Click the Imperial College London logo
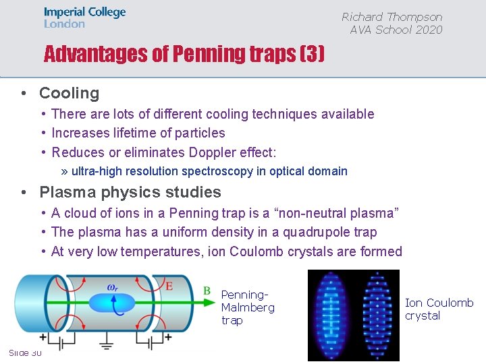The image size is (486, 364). (84, 18)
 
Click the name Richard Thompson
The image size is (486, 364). (391, 17)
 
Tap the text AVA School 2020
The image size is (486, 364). (396, 30)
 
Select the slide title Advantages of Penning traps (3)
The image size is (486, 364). (184, 54)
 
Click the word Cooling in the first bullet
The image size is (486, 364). (69, 93)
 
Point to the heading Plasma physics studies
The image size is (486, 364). (130, 192)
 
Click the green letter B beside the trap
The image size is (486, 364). (207, 291)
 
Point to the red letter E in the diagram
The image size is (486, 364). (169, 286)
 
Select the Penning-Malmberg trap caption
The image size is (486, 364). (247, 307)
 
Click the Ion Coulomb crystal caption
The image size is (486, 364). (439, 309)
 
